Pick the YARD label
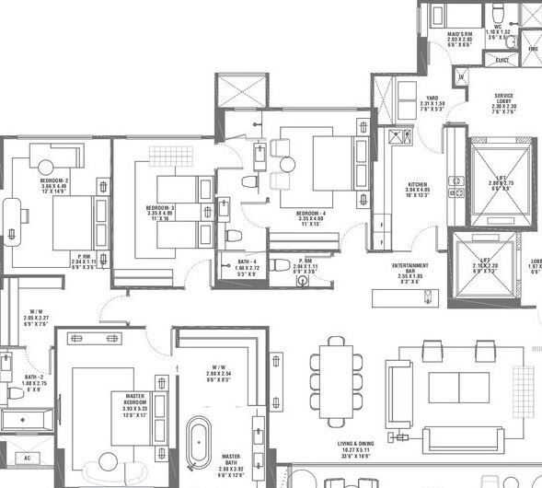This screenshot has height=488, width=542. [x=432, y=98]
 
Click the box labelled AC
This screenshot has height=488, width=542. [x=26, y=458]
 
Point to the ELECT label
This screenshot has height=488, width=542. [x=502, y=60]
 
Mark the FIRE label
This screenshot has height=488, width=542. [x=533, y=48]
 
